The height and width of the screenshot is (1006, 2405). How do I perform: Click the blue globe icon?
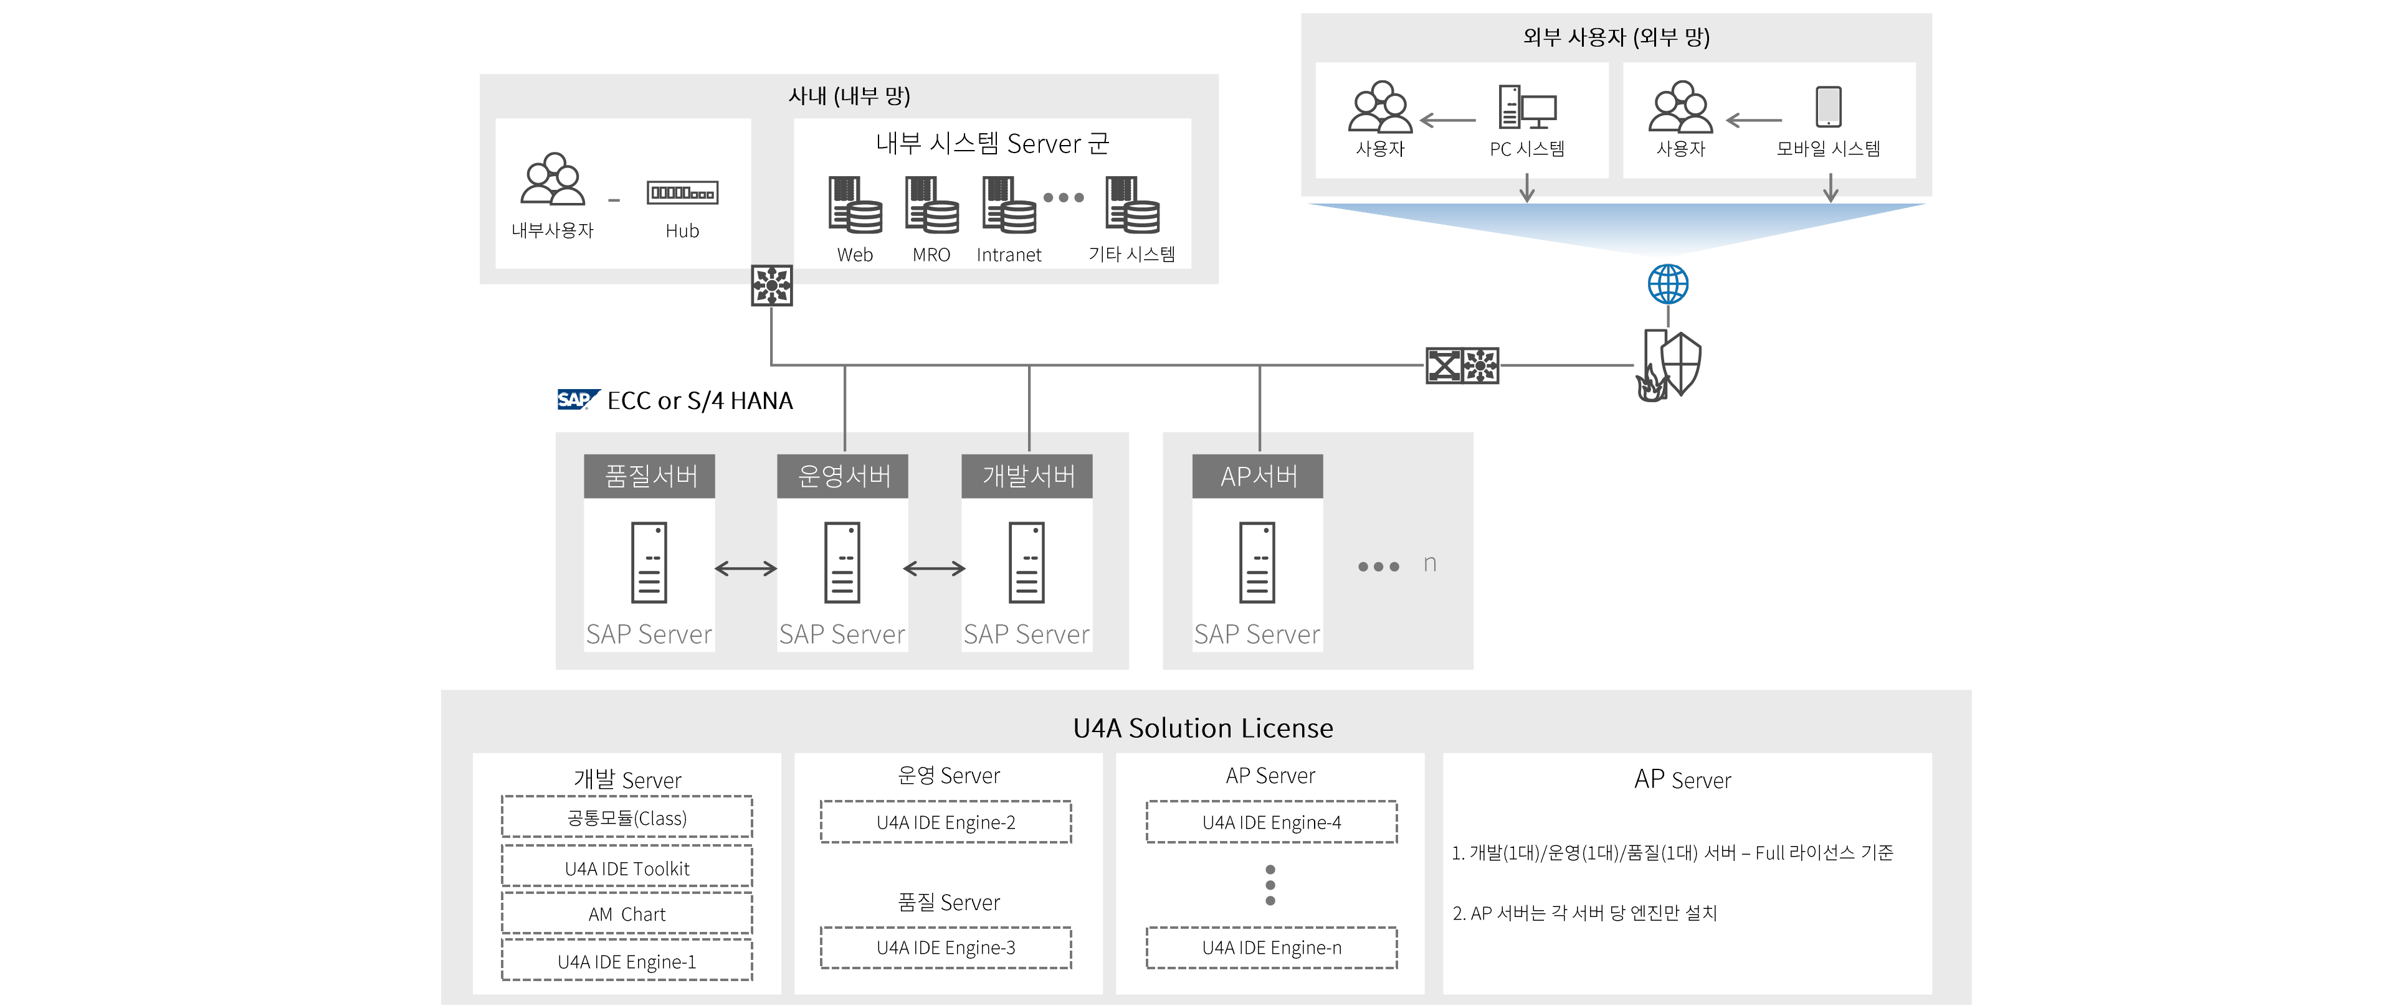pos(1667,284)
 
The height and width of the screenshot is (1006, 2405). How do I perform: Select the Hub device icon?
pos(682,193)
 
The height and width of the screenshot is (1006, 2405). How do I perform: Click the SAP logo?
pos(576,400)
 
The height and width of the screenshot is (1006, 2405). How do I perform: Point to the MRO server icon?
pos(931,205)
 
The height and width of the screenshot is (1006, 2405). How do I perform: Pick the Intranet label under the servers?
pos(1008,255)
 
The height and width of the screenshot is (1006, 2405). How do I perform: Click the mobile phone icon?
pos(1828,106)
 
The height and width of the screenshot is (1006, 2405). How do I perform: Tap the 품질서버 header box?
pos(650,476)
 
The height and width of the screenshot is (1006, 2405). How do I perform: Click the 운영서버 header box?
pos(843,476)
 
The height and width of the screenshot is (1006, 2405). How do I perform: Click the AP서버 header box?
pos(1257,476)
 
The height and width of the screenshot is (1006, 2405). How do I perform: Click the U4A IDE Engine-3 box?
pos(946,947)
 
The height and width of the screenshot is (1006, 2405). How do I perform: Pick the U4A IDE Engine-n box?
pos(1272,947)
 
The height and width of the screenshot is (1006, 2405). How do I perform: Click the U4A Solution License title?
pos(1202,728)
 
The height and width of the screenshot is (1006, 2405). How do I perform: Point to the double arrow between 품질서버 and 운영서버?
pos(746,568)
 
